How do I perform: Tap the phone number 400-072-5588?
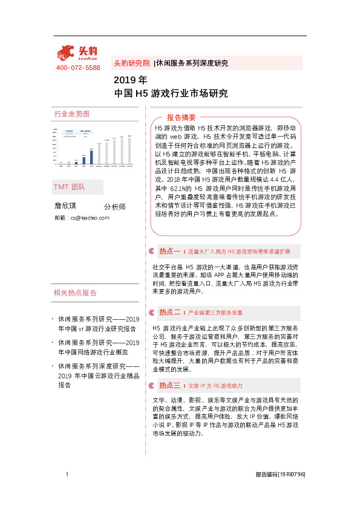[78, 68]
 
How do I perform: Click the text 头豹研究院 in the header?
[132, 63]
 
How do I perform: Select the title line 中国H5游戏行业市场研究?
[171, 94]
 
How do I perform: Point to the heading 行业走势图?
[71, 114]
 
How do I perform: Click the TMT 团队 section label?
[70, 187]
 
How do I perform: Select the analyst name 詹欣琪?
[67, 206]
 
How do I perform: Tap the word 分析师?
[115, 207]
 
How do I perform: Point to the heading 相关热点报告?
[76, 293]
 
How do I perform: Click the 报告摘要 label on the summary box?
[182, 117]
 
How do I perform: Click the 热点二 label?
[170, 313]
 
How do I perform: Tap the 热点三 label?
[170, 384]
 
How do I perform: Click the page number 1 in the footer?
[67, 475]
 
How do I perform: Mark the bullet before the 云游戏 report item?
[53, 366]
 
